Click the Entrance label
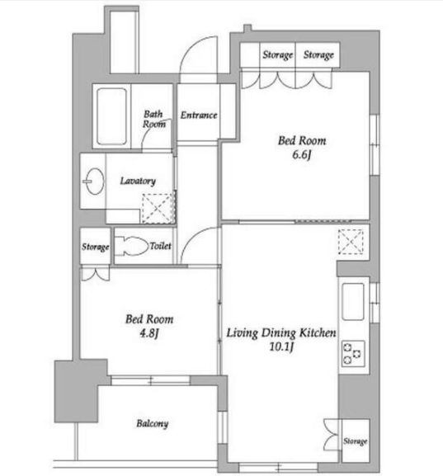coord(199,115)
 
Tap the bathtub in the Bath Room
coord(111,116)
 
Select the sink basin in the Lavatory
coord(94,181)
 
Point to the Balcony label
coord(152,423)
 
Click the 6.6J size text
coord(301,155)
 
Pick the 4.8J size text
coord(149,333)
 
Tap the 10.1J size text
coord(281,346)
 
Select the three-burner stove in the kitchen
coord(353,354)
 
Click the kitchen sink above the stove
coord(353,302)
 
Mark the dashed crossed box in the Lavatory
coord(158,209)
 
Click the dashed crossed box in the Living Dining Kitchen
coord(351,242)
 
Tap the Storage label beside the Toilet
coord(96,247)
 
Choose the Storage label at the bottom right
coord(356,441)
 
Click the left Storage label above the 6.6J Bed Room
coord(277,55)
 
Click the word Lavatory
coord(138,181)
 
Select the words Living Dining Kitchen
coord(281,333)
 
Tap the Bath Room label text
coord(154,119)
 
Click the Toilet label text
coord(160,246)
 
